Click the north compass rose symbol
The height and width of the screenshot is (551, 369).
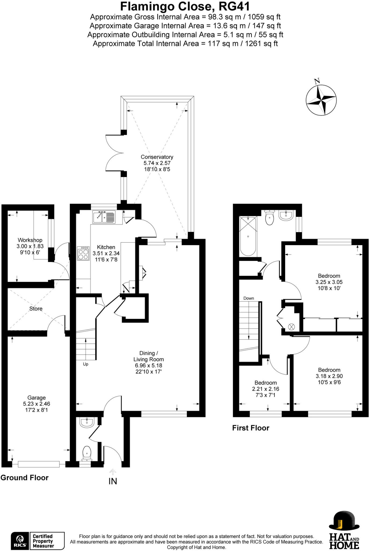pyautogui.click(x=321, y=100)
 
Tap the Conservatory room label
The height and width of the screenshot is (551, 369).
pyautogui.click(x=157, y=157)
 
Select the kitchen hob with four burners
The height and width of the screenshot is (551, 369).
pyautogui.click(x=83, y=253)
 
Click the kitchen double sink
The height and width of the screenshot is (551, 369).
pyautogui.click(x=104, y=217)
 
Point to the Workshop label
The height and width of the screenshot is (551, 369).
pyautogui.click(x=30, y=240)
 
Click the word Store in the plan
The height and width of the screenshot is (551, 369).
pyautogui.click(x=36, y=309)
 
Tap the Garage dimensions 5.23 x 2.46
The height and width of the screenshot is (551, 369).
pyautogui.click(x=37, y=404)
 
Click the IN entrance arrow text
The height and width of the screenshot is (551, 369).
pyautogui.click(x=113, y=481)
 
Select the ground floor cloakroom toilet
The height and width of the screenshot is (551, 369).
pyautogui.click(x=87, y=453)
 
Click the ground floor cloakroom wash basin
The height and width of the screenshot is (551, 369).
pyautogui.click(x=87, y=423)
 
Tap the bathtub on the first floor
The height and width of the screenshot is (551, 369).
pyautogui.click(x=248, y=236)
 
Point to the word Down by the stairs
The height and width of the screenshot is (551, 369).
pyautogui.click(x=249, y=298)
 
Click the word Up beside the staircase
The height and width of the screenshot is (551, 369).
pyautogui.click(x=85, y=364)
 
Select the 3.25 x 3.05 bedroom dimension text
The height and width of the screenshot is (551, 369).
pyautogui.click(x=329, y=282)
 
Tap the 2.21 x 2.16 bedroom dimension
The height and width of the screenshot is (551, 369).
pyautogui.click(x=266, y=389)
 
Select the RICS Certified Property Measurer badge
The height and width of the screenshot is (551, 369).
pyautogui.click(x=38, y=541)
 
